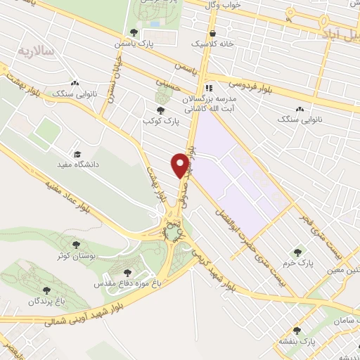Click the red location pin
(180, 165)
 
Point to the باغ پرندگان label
(46, 301)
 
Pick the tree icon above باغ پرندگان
(46, 290)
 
